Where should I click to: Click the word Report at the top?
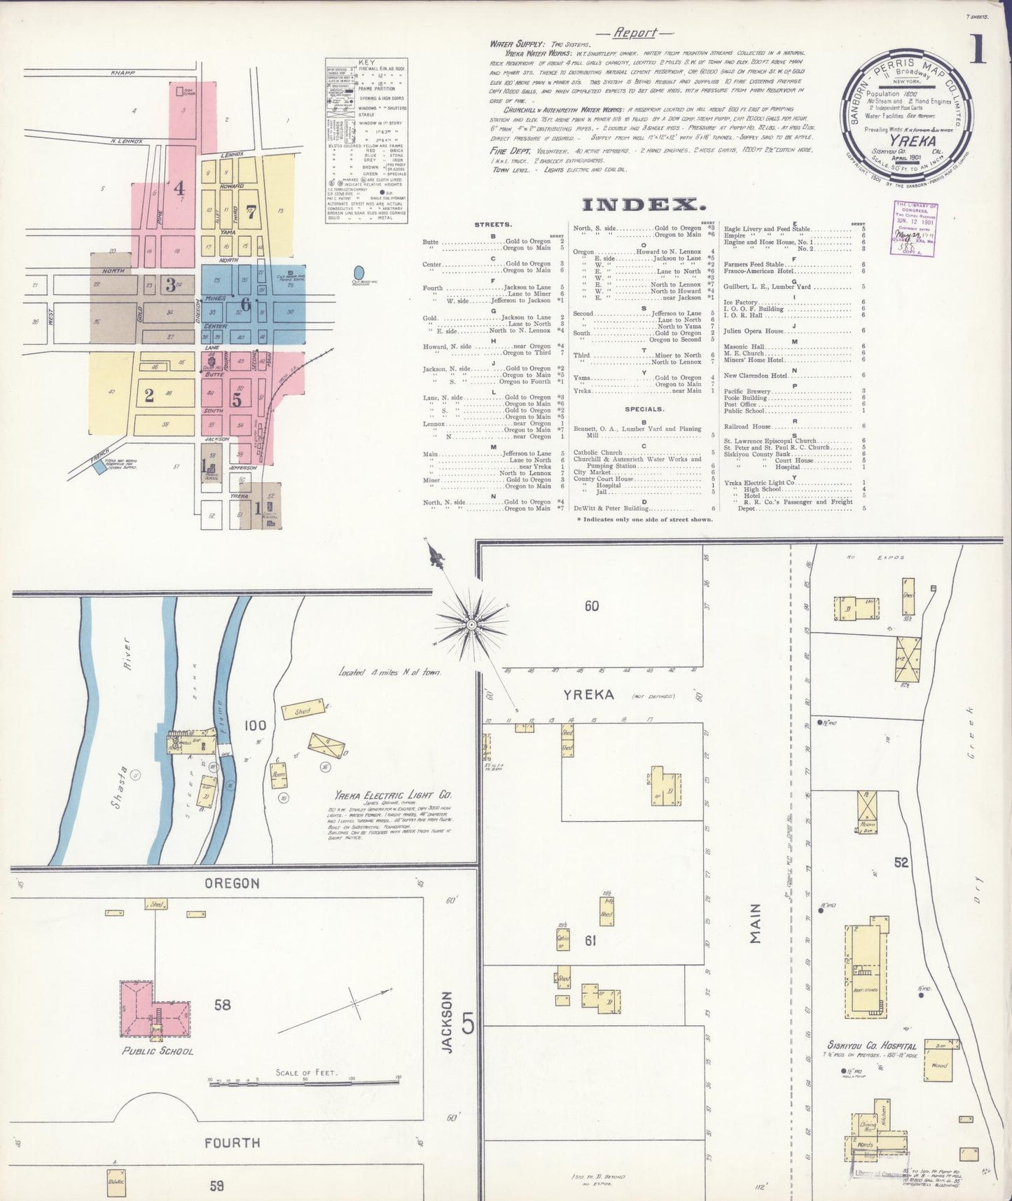[635, 33]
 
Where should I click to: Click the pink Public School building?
[154, 1008]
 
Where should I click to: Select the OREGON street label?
[232, 884]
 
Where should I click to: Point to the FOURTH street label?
[232, 1143]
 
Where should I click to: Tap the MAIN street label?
[755, 924]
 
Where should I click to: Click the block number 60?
[592, 605]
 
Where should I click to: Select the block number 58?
[222, 1005]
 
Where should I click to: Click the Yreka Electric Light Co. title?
[393, 795]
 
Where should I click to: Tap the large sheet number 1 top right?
[978, 49]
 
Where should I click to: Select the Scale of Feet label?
[307, 1072]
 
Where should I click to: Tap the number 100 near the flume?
[255, 725]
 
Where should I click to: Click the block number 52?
[901, 863]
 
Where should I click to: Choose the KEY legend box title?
[366, 62]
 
